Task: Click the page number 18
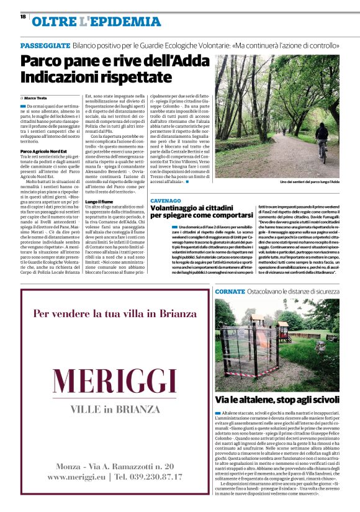point(23,17)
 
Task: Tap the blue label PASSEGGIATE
point(45,47)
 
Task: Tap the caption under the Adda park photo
point(309,182)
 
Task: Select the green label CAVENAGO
point(166,200)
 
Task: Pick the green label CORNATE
point(230,290)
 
